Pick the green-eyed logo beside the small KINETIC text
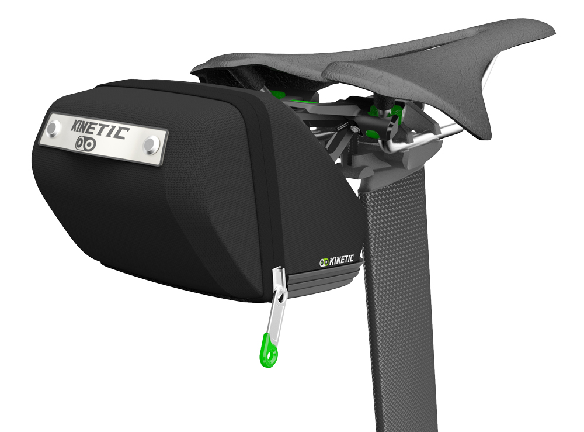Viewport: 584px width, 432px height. pos(324,262)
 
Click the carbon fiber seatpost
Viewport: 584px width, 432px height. pos(397,292)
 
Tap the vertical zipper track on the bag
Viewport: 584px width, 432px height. pos(270,193)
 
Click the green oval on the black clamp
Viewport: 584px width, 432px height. pos(398,111)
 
